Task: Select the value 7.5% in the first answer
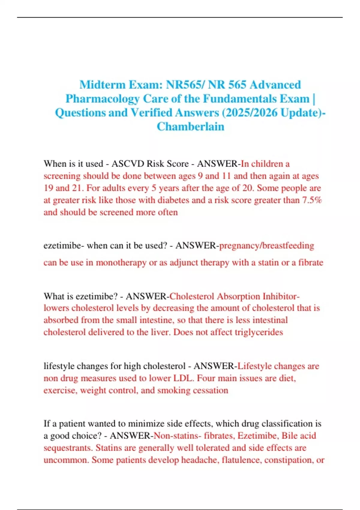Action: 312,200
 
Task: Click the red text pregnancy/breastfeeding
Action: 267,246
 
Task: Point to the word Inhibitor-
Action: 281,296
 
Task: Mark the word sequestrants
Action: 68,448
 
